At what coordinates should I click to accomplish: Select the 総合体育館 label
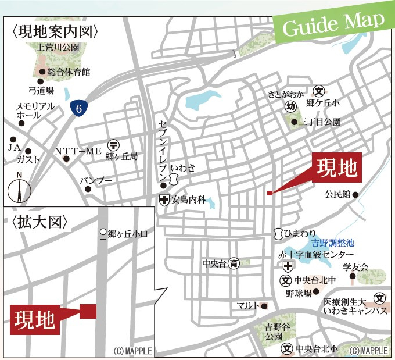click(x=69, y=73)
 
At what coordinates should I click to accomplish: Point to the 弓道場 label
click(x=41, y=90)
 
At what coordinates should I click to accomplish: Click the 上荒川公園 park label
click(x=59, y=47)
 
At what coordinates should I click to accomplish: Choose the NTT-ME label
click(x=78, y=151)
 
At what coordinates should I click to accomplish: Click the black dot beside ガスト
click(x=28, y=151)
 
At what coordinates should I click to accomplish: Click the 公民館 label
click(x=336, y=194)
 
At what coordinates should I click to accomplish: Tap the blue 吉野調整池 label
click(x=333, y=244)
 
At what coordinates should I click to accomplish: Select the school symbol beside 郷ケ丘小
click(x=318, y=91)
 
